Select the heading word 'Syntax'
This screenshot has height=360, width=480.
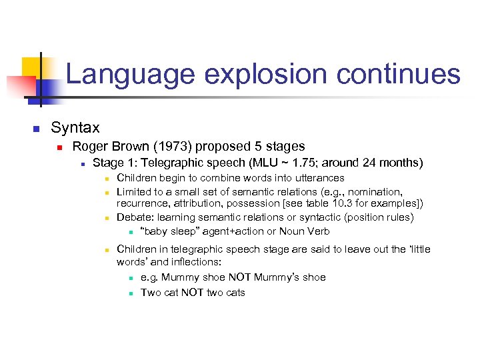click(75, 127)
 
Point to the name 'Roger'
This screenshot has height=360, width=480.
click(90, 146)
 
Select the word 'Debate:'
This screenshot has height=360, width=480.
click(135, 217)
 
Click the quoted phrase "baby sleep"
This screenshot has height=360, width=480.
click(169, 231)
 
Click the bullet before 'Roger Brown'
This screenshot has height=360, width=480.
click(59, 147)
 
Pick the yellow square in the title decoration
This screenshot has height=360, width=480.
click(33, 68)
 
